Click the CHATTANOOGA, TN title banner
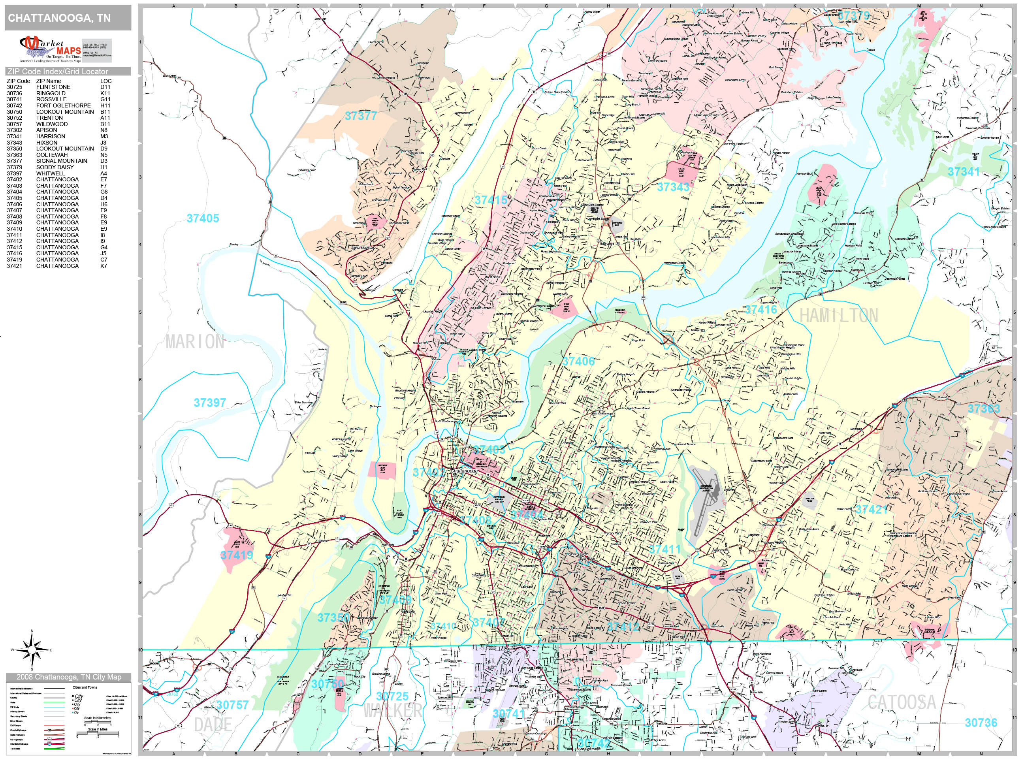(x=59, y=18)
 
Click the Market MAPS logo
(x=50, y=49)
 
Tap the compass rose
(x=32, y=650)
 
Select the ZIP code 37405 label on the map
(x=203, y=218)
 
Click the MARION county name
(x=195, y=342)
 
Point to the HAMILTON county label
(x=838, y=316)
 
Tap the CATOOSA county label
(x=902, y=702)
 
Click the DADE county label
(x=213, y=725)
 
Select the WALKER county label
(x=393, y=711)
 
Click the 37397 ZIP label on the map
(x=209, y=403)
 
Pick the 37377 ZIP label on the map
(x=361, y=116)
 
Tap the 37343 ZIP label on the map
(x=673, y=187)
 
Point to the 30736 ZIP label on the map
(x=981, y=723)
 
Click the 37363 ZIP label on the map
(x=983, y=409)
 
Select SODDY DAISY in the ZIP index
(x=55, y=167)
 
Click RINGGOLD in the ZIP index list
(x=51, y=93)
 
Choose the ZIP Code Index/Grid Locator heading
(x=57, y=71)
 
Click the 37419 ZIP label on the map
(x=237, y=555)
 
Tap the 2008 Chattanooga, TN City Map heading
(x=68, y=677)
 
